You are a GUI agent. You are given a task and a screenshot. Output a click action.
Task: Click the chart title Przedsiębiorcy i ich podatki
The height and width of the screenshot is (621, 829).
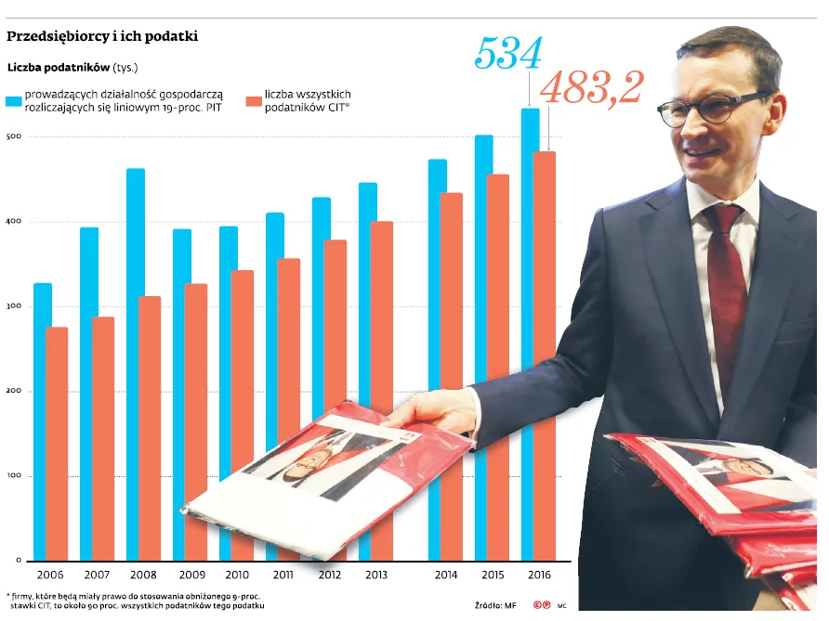(102, 37)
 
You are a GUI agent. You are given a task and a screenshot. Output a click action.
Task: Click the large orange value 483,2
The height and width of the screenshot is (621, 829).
(591, 88)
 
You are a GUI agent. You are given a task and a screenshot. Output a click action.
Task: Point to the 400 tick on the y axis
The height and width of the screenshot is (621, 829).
(14, 222)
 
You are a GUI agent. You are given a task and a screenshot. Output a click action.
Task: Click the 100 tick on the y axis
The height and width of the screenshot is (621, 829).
(14, 476)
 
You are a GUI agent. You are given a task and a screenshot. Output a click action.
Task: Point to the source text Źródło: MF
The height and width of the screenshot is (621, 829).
(494, 605)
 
